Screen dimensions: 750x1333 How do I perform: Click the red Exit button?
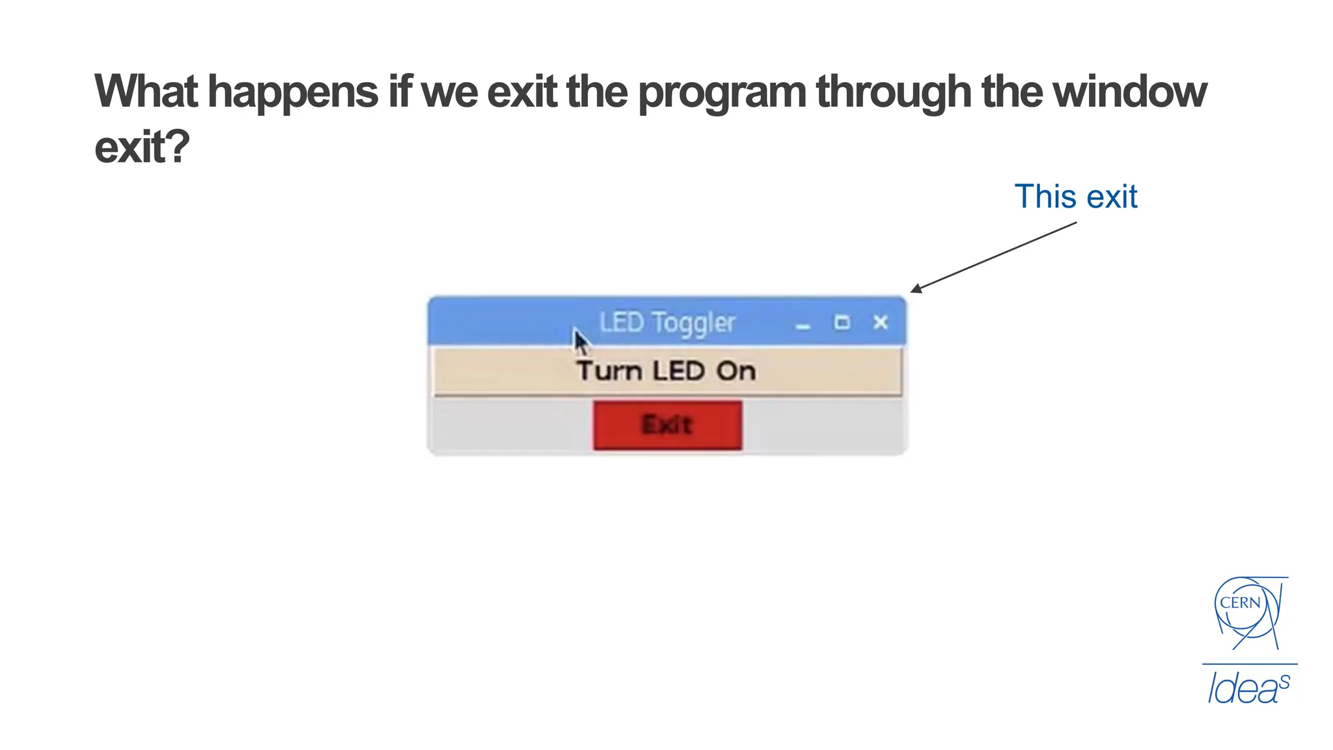click(667, 425)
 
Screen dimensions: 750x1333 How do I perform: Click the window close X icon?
click(881, 322)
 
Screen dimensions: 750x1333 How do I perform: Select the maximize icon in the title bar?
click(842, 322)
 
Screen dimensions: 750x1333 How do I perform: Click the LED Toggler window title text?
click(667, 322)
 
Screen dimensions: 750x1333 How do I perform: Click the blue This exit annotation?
click(1075, 197)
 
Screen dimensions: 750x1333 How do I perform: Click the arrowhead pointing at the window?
click(916, 289)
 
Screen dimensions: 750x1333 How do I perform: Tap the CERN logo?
click(1246, 612)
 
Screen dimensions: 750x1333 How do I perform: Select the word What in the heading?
click(146, 91)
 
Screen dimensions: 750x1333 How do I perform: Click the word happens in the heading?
click(293, 92)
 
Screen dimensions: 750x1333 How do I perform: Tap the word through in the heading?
click(894, 92)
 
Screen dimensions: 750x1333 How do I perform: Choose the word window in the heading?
click(1129, 91)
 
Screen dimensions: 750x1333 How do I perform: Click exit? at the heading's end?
click(142, 147)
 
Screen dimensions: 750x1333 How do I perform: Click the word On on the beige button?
click(736, 371)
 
